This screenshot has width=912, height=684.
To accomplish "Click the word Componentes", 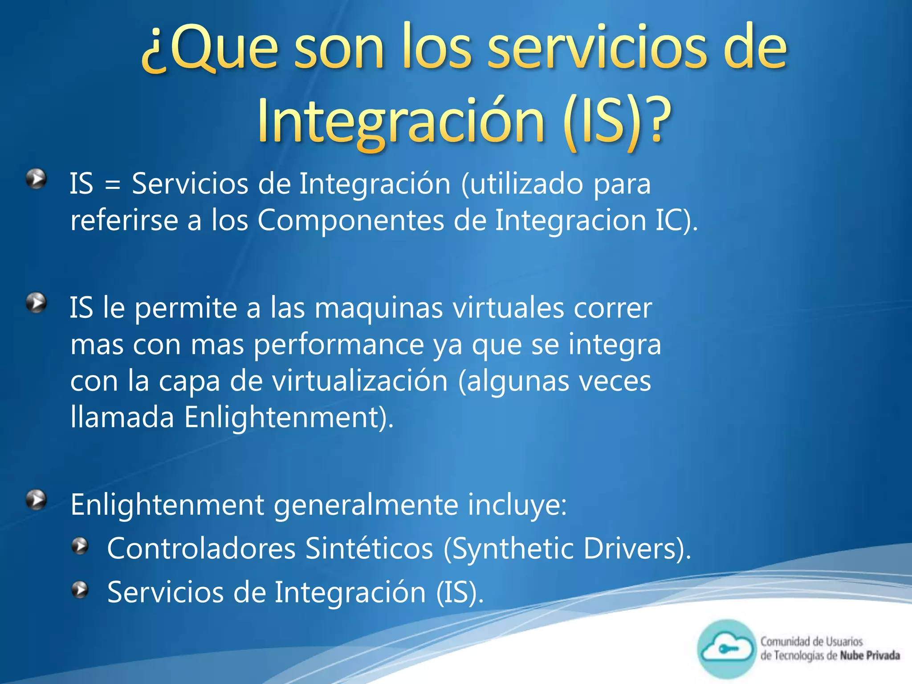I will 351,220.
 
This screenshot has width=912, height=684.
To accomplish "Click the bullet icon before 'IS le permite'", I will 37,303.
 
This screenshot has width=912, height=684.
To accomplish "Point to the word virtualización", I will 360,381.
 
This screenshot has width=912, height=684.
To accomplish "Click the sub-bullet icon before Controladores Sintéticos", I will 80,546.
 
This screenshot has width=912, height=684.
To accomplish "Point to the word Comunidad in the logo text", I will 785,642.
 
